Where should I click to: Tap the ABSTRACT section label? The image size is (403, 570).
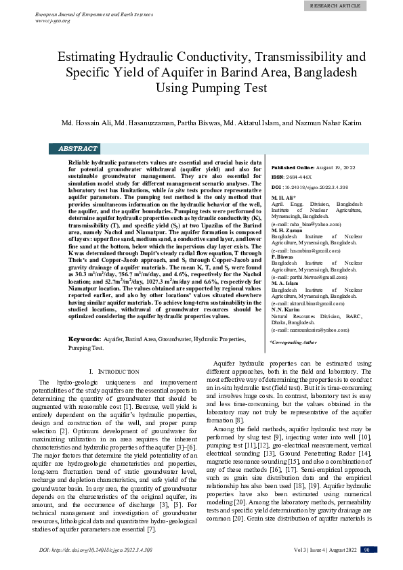click(77, 149)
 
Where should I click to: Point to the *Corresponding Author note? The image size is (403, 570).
click(293, 343)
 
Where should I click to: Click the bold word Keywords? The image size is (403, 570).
click(85, 338)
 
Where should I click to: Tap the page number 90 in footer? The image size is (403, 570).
click(368, 550)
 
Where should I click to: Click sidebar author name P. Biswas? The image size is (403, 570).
click(282, 257)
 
